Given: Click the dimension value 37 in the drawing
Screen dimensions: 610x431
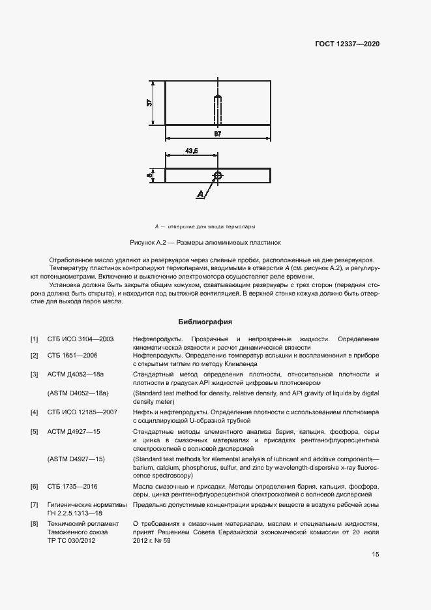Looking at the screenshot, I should point(149,103).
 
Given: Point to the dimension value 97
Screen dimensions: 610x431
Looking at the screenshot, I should point(218,134).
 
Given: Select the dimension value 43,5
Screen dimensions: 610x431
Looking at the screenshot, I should point(191,151).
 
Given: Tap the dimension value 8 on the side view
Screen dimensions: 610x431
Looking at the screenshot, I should point(149,175).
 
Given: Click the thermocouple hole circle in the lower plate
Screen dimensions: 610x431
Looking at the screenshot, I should point(218,175).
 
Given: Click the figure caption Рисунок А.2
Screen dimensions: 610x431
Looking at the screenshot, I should point(205,242).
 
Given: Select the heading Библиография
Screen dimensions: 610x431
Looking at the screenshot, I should point(205,322).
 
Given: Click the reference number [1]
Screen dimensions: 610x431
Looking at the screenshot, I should point(35,339).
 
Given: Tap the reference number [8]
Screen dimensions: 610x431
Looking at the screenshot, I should point(35,523).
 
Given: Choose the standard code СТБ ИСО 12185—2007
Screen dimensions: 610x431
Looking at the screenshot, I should point(82,412).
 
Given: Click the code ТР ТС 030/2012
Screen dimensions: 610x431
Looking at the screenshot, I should point(71,540).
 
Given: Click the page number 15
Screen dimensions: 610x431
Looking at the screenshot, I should point(375,555).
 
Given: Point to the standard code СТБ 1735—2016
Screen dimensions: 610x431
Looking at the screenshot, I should point(72,487).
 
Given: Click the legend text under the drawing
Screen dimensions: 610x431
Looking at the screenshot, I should point(204,226).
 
